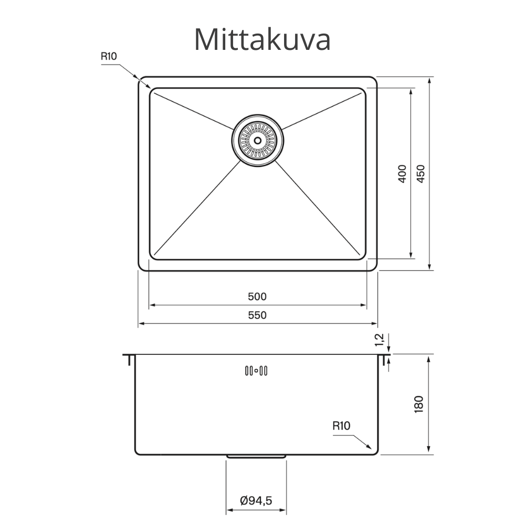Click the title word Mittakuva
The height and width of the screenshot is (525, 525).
tap(262, 39)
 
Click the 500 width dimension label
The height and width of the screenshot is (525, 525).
tap(257, 297)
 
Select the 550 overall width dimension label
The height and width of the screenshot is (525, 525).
tap(257, 316)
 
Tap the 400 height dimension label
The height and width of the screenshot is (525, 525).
tap(403, 174)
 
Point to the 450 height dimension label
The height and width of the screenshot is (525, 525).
tap(421, 174)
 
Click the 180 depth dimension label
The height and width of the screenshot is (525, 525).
tap(418, 404)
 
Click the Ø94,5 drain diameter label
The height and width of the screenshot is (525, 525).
tap(256, 501)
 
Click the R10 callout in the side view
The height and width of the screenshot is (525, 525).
tap(341, 426)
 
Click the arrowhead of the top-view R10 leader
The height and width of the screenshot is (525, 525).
tap(149, 87)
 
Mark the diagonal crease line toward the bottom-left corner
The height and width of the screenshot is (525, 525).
tap(194, 210)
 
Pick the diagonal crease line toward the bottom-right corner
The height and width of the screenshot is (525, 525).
tap(320, 210)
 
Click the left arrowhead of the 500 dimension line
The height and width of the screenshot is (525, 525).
tap(152, 305)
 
